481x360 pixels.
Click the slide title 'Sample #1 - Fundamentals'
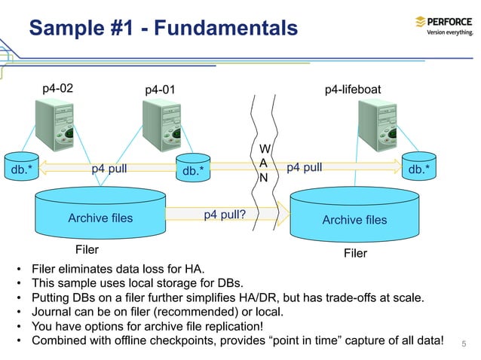point(163,29)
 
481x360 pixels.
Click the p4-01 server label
point(160,90)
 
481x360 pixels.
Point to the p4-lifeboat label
point(352,90)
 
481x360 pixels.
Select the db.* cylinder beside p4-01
point(193,170)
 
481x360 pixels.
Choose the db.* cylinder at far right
point(419,169)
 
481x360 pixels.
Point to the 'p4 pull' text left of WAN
point(109,169)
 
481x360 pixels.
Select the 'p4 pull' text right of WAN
point(305,167)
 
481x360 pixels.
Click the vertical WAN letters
point(263,163)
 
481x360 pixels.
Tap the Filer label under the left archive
point(87,249)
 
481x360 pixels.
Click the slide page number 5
point(464,344)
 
